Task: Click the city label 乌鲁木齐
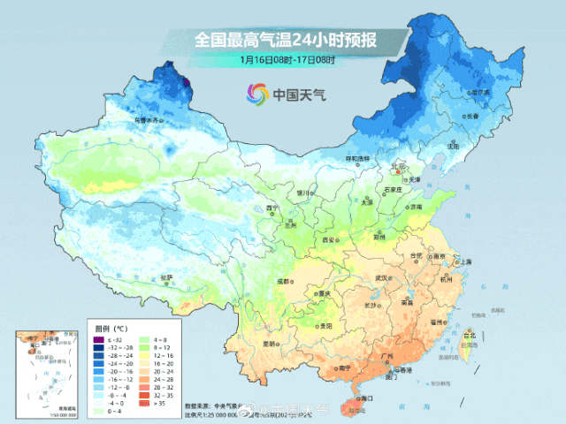tap(148, 120)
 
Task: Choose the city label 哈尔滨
tap(480, 91)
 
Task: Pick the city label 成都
tap(284, 281)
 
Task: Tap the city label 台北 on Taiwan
tap(470, 336)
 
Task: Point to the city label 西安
tap(330, 239)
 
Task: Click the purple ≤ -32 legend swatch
tap(101, 339)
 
